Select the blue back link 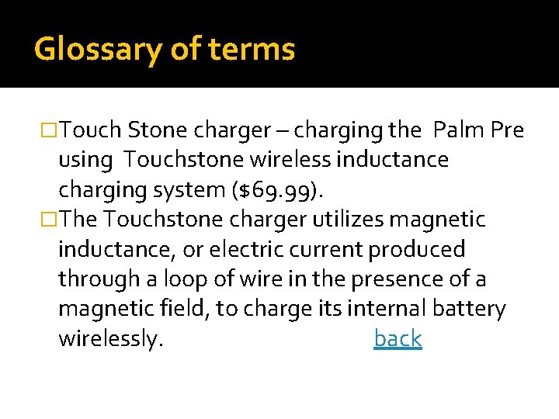(398, 339)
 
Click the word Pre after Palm (508, 130)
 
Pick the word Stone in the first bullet (157, 130)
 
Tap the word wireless (285, 160)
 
